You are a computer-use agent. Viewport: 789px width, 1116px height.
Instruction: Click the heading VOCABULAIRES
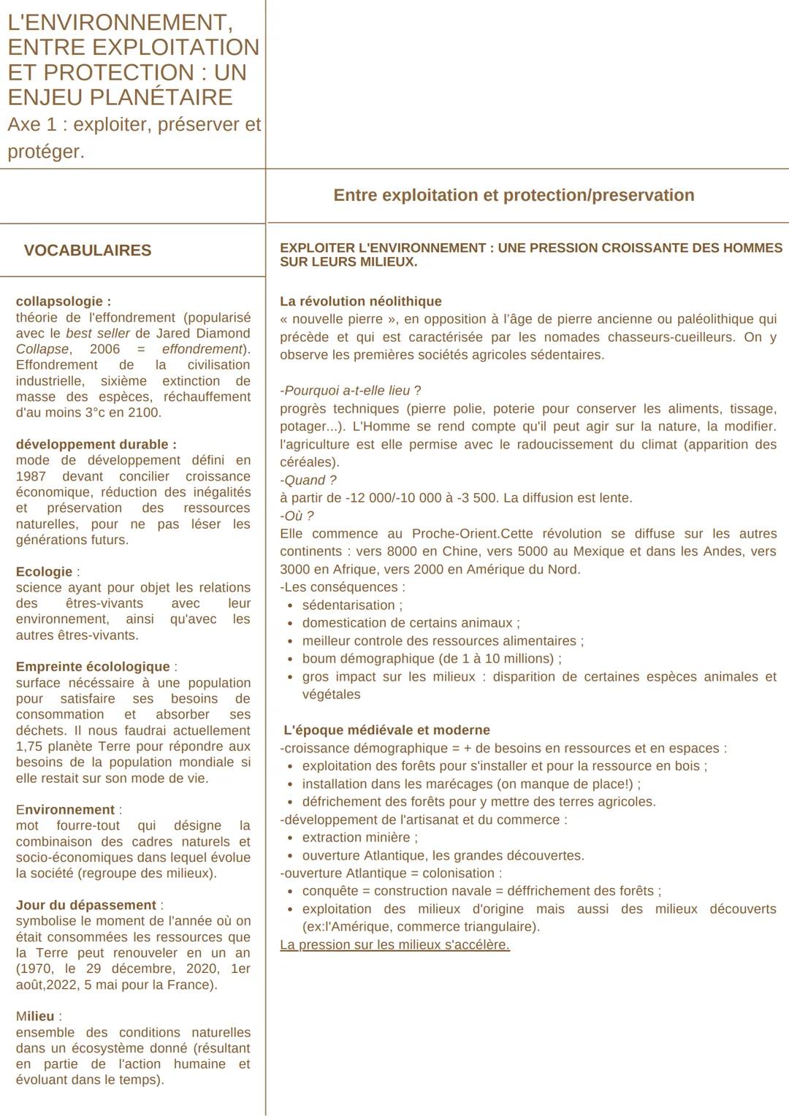88,251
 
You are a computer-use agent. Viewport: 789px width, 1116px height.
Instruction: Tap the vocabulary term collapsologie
64,301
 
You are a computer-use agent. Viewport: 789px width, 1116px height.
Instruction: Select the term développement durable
96,444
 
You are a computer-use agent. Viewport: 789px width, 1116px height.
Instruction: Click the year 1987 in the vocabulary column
31,476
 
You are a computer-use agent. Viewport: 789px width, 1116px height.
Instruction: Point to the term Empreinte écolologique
93,667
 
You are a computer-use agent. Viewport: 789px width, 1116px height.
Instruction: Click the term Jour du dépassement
86,905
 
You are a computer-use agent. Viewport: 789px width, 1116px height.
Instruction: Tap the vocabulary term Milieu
35,1016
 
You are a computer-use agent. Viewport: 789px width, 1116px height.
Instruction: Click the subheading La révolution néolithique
361,301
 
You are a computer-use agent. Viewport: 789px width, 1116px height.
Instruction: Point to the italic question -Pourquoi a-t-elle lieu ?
351,391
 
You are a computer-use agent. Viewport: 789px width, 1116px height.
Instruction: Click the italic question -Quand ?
308,480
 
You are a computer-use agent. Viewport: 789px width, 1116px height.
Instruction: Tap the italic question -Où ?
297,516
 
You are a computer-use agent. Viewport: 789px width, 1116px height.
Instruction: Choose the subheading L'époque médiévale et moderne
386,730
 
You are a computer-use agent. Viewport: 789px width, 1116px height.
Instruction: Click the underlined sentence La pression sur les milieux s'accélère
394,945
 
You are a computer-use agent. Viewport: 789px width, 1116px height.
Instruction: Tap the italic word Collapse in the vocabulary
42,349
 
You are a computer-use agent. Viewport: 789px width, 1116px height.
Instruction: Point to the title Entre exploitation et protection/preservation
514,195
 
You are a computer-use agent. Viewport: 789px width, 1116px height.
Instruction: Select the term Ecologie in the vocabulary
44,571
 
